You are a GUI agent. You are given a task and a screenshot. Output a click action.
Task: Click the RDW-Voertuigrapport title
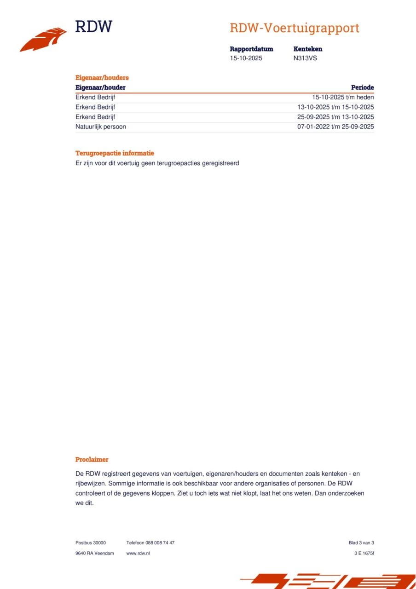pos(295,28)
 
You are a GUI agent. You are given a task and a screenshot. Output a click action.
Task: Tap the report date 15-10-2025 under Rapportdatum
pos(246,58)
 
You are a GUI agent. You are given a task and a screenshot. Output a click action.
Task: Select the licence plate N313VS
pos(305,58)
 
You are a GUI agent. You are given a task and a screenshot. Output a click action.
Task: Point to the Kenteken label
pos(308,49)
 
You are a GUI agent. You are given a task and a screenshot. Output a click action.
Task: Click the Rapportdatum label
pos(251,49)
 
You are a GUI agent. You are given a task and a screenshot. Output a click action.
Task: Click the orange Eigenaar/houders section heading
pos(102,78)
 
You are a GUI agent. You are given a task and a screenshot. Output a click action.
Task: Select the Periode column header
pos(363,87)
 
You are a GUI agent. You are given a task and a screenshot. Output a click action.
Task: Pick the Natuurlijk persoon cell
pos(101,127)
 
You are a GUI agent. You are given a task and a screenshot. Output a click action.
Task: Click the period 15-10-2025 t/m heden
pos(343,97)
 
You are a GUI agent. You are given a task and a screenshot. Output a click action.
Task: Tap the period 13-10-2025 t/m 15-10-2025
pos(335,107)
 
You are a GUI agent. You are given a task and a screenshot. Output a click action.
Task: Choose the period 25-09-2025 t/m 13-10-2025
pos(335,117)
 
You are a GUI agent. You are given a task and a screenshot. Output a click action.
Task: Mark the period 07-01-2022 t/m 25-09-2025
pos(335,127)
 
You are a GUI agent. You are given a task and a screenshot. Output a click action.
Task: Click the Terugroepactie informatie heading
pos(115,153)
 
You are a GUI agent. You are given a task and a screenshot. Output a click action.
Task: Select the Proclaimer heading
pos(92,459)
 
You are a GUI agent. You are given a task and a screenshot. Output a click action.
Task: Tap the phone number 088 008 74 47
pos(160,543)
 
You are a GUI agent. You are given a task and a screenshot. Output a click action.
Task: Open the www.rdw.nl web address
pos(138,553)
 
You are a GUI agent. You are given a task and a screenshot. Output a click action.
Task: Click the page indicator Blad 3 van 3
pos(361,543)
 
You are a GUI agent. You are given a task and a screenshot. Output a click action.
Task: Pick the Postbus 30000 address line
pos(91,543)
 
